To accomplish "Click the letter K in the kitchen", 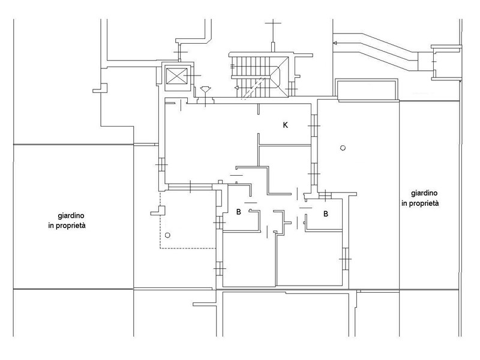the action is (286, 125).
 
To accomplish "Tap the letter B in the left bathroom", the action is (238, 212).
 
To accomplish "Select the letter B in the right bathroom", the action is (326, 214).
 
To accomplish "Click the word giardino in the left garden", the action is (71, 216).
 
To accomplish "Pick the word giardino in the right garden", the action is (424, 193).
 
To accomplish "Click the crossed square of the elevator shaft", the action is (176, 76).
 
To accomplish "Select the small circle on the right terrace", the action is (343, 148).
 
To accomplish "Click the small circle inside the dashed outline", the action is (167, 235).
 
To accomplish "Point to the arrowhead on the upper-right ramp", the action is (335, 43).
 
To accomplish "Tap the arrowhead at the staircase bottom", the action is (236, 88).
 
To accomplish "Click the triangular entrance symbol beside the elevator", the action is (205, 89).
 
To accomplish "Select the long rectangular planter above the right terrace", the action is (367, 89).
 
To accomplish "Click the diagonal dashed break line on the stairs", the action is (253, 88).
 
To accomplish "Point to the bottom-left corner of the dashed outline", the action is (160, 248).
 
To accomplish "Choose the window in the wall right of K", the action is (314, 125).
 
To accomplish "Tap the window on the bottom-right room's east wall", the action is (346, 259).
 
